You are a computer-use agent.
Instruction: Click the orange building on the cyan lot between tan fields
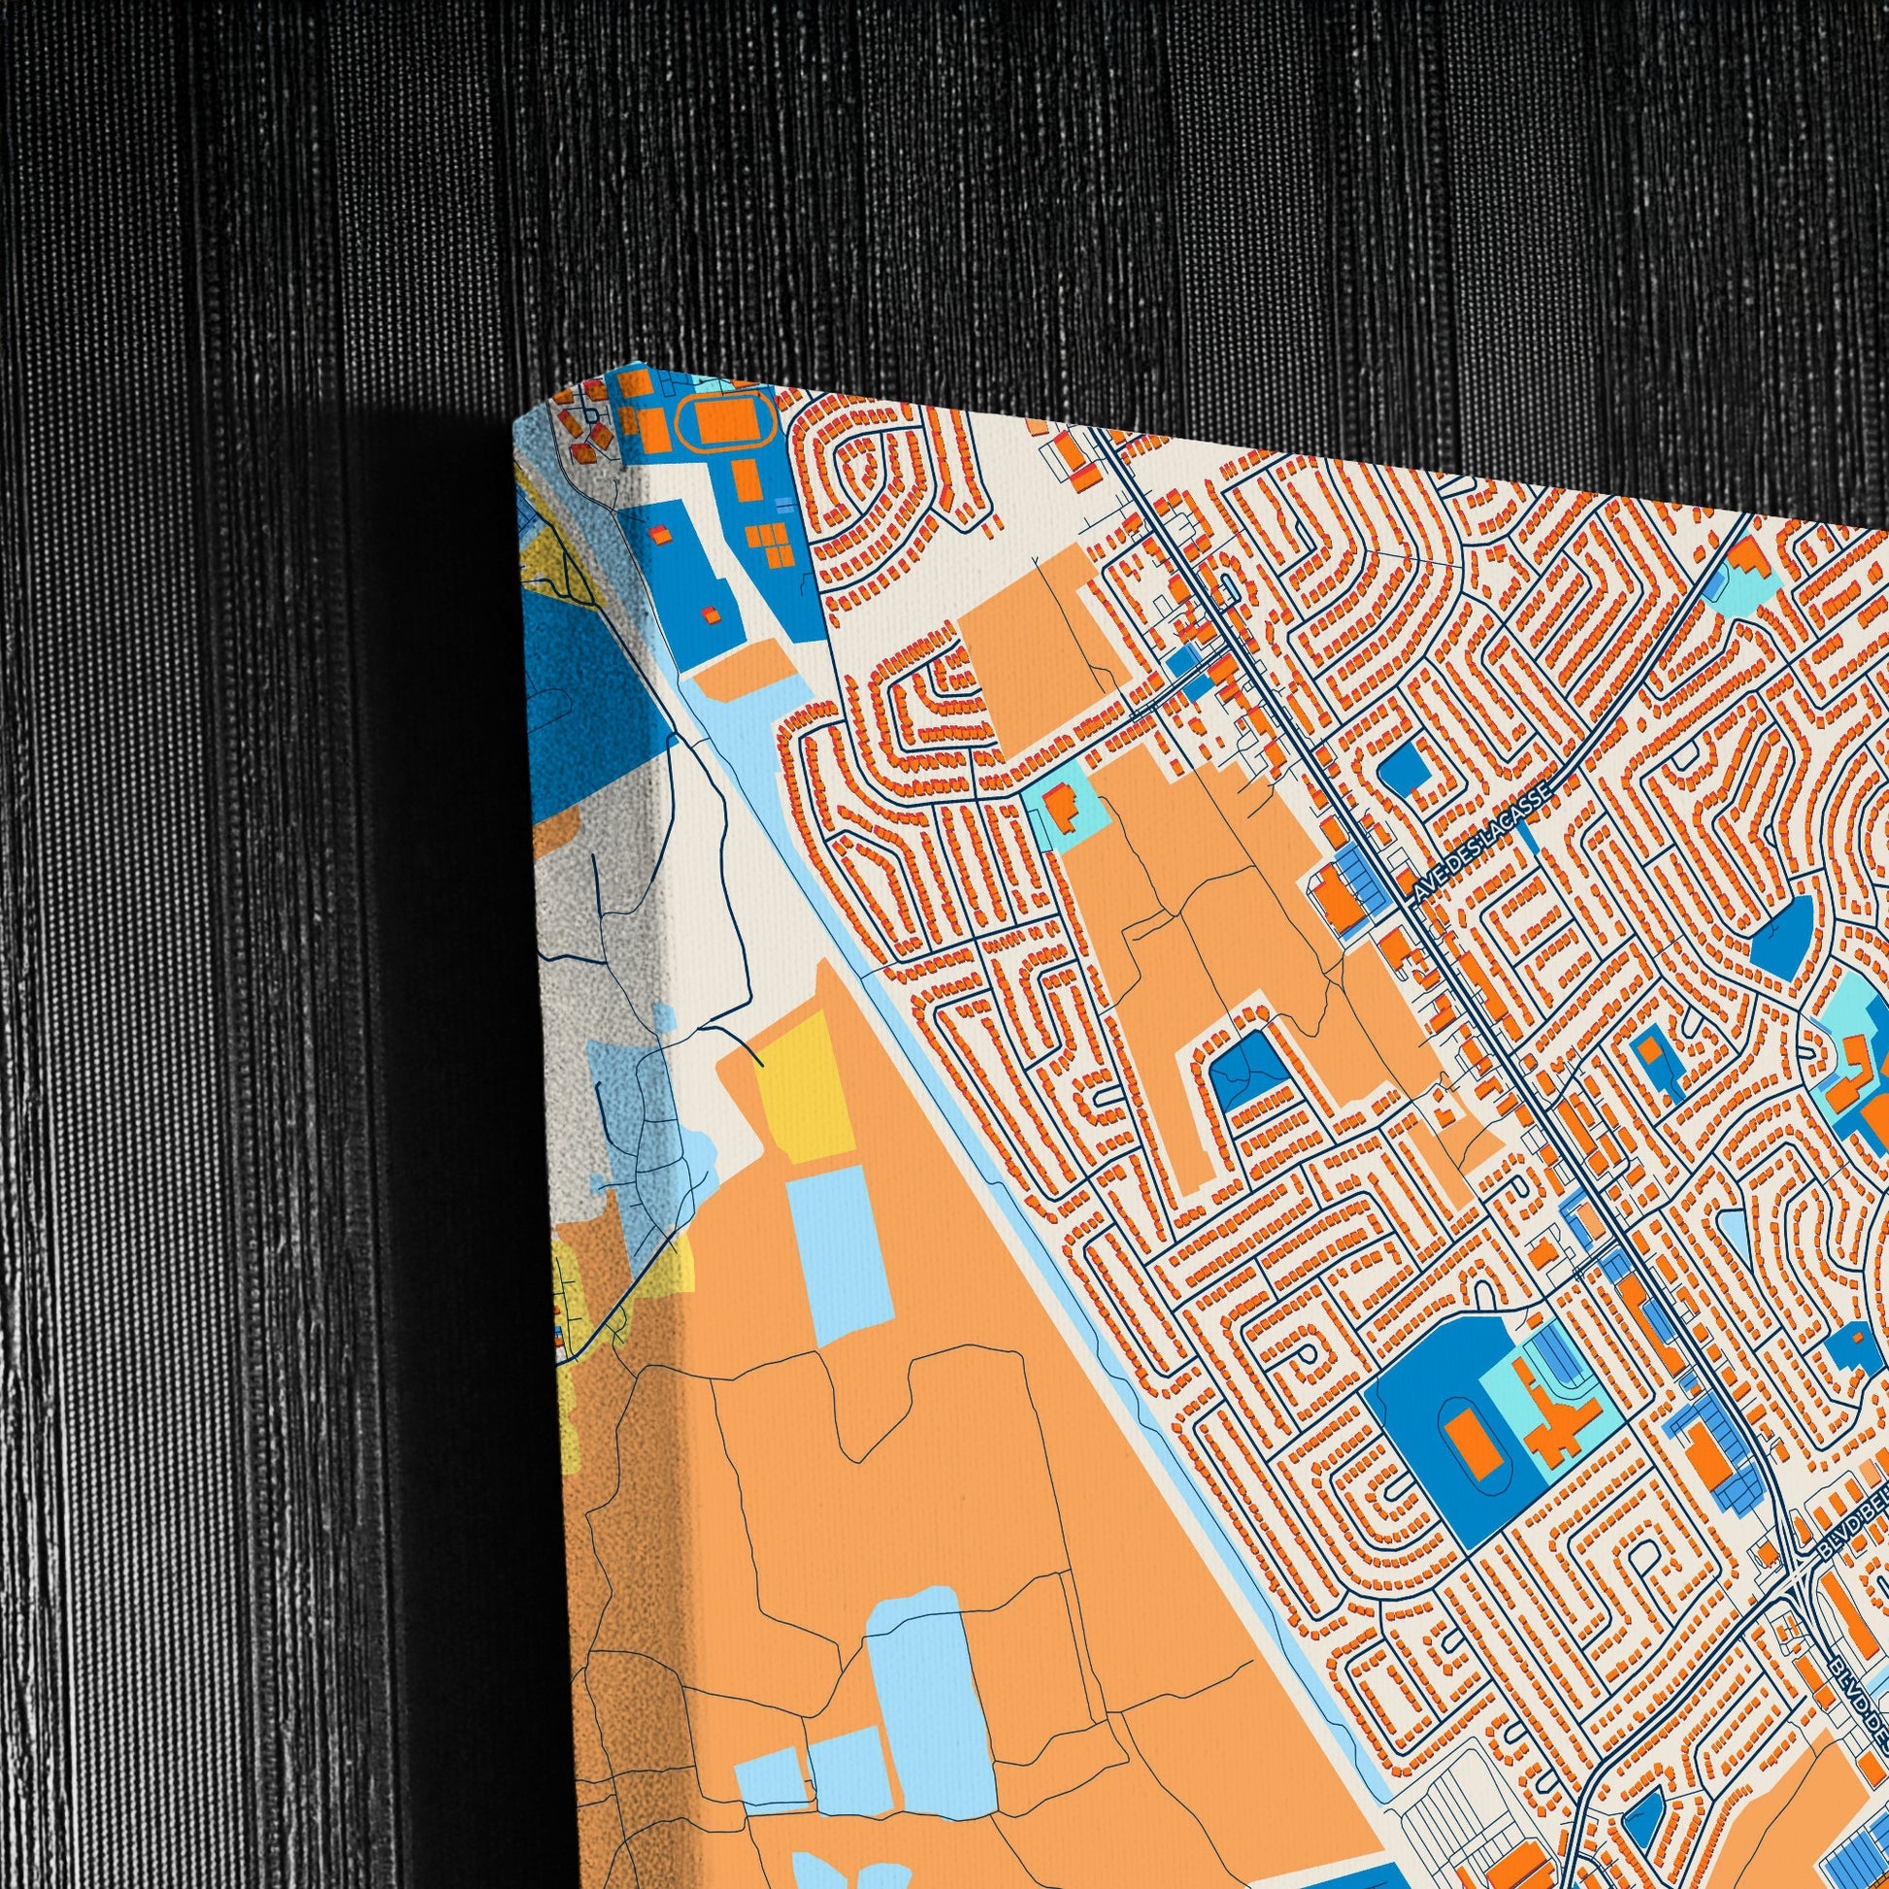pyautogui.click(x=1060, y=807)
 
